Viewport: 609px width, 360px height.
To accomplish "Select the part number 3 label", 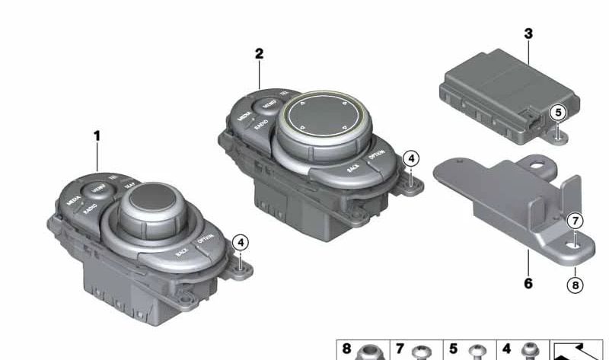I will click(528, 33).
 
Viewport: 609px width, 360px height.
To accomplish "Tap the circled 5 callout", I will click(560, 113).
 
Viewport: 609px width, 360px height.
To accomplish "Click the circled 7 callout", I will click(576, 221).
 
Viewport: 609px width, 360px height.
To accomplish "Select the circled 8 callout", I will click(576, 286).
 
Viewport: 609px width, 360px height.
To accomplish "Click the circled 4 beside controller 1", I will click(241, 243).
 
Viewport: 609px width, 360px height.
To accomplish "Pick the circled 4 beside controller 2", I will click(410, 158).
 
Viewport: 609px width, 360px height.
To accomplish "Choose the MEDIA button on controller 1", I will click(74, 202).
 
